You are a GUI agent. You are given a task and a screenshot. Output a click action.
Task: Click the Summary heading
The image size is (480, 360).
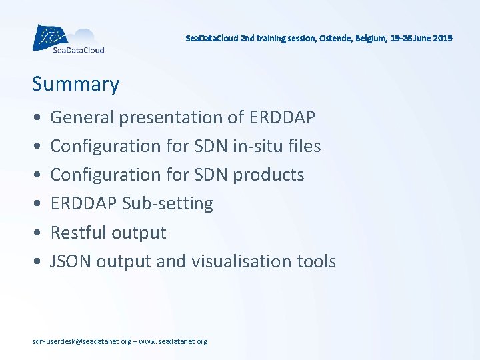pos(75,85)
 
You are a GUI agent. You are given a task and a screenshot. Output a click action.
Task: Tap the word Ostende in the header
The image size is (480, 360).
pos(334,38)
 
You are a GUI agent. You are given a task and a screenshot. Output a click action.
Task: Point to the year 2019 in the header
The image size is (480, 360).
pos(442,38)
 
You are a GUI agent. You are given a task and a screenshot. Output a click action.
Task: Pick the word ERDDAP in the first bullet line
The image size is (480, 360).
pos(282,117)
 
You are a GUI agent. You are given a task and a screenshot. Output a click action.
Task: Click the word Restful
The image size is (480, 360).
pos(75,233)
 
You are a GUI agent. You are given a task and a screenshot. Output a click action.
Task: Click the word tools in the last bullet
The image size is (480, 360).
pos(316,261)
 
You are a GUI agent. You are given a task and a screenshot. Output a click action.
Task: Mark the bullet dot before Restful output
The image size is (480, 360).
pos(36,233)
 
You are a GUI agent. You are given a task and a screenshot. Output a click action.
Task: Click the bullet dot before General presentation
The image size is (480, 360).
pos(36,118)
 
